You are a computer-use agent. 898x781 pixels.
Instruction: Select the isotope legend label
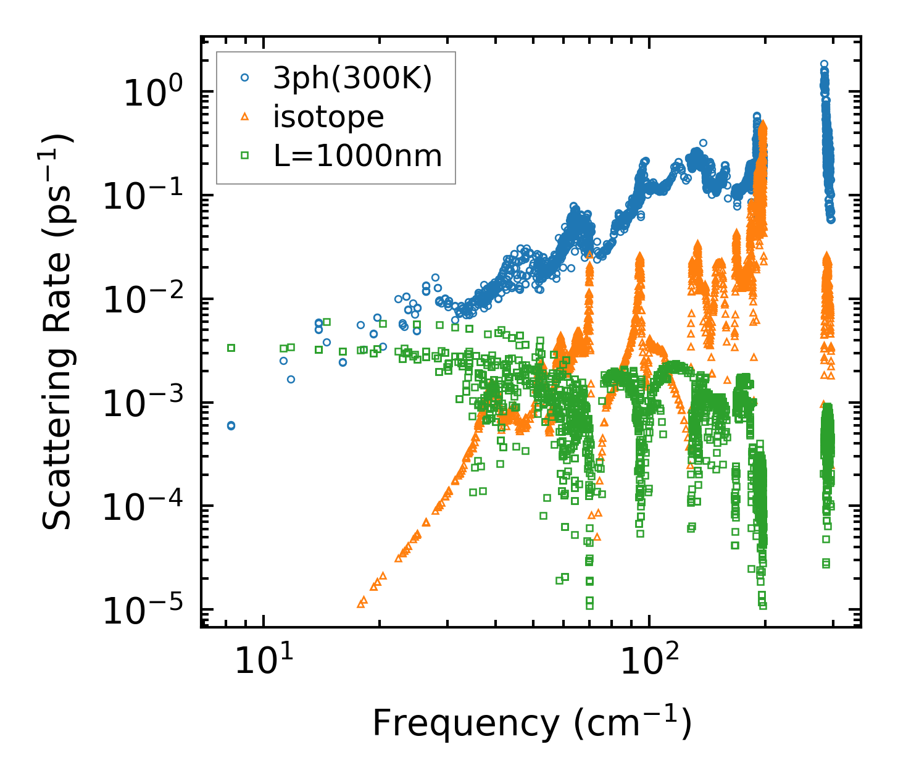[328, 117]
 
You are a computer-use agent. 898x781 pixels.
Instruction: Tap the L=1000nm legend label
[358, 156]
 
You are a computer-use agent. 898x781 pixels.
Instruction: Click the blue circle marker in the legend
[245, 78]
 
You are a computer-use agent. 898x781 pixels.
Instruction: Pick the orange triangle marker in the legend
[245, 117]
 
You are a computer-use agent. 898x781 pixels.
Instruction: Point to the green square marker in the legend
[245, 156]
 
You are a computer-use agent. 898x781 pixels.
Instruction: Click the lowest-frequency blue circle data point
[231, 425]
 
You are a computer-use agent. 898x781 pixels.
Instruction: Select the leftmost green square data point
[231, 348]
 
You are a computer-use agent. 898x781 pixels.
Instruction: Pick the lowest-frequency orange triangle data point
[361, 604]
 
